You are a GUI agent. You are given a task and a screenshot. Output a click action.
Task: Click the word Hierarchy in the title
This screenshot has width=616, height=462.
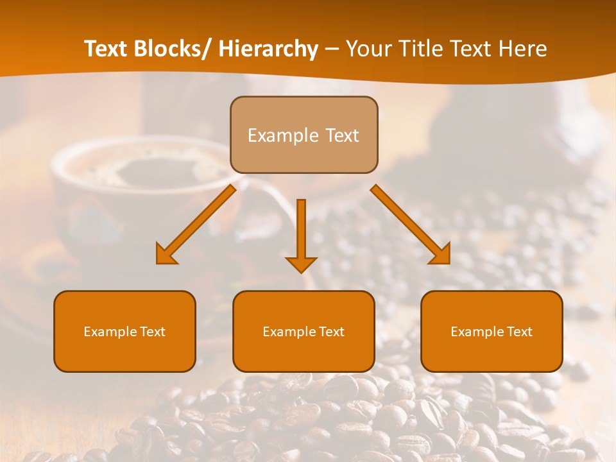point(268,49)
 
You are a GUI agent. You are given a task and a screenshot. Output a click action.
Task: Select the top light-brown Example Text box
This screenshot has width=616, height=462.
point(304,135)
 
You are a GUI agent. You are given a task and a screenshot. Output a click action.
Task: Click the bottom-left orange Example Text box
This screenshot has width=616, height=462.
point(124,331)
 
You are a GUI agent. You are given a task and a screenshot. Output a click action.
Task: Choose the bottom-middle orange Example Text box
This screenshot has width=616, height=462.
point(304,331)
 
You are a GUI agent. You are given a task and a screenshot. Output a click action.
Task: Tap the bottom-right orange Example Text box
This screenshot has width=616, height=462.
point(492,331)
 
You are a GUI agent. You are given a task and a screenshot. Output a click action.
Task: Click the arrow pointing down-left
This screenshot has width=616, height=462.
point(196,224)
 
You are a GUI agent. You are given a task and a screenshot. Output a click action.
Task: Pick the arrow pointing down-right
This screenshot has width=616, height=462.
point(410,224)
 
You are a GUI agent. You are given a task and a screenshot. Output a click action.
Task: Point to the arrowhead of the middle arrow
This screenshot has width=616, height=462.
point(301,264)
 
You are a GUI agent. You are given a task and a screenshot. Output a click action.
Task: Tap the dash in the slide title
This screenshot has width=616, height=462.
point(332,49)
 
